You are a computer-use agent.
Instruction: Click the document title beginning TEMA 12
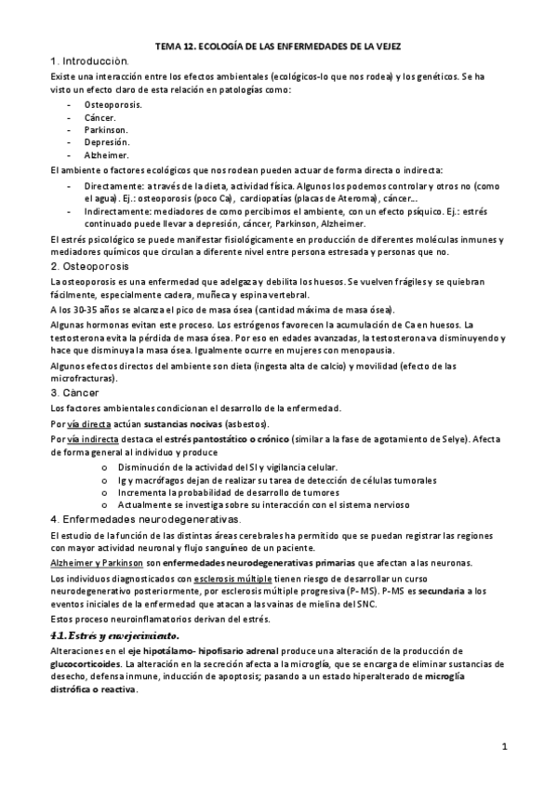279,46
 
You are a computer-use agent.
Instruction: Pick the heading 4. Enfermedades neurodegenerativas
146,519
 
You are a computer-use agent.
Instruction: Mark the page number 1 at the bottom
503,746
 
